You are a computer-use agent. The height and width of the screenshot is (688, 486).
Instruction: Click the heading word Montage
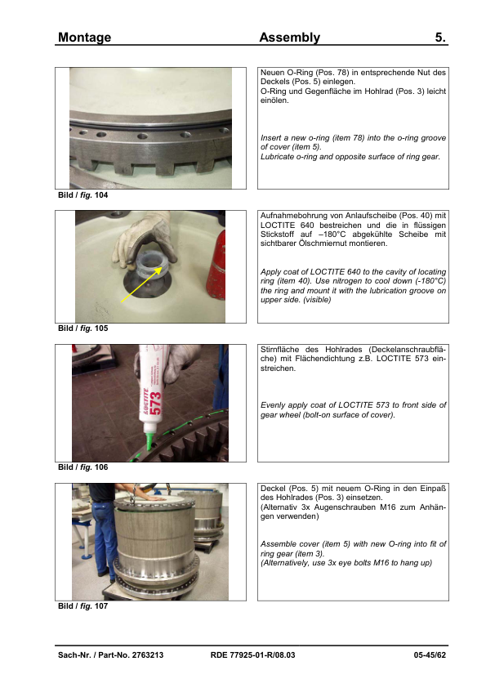[84, 38]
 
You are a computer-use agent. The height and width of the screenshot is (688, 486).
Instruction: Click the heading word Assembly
[289, 38]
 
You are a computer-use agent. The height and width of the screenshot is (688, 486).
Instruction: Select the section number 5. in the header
[440, 38]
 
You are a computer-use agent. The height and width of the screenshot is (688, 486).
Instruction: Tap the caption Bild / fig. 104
[82, 194]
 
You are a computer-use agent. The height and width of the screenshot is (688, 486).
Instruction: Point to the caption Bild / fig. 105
[82, 328]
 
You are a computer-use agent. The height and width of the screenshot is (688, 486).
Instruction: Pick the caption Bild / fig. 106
[82, 467]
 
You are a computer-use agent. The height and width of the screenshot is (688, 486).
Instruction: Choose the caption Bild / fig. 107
[82, 606]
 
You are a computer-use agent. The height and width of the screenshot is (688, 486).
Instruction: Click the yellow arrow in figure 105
[141, 285]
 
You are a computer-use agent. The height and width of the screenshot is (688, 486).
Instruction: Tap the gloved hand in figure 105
[144, 237]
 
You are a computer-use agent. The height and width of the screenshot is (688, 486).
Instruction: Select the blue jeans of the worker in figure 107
[102, 535]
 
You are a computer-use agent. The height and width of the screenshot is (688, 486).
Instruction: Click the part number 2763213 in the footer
[148, 655]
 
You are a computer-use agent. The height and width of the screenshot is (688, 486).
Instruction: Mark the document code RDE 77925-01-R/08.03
[252, 655]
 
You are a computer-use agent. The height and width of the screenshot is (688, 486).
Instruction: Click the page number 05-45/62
[430, 655]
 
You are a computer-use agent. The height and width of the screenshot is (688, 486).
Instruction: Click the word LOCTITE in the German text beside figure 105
[278, 225]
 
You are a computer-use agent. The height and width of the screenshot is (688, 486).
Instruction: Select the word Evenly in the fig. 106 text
[273, 405]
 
